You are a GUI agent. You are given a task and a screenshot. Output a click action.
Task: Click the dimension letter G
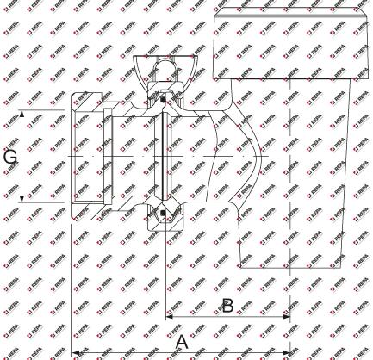pos(10,157)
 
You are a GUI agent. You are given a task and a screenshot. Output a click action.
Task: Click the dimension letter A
pos(182,342)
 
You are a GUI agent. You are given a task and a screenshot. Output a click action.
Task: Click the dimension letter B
pos(227,306)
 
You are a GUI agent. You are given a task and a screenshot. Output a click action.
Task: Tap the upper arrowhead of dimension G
pos(22,114)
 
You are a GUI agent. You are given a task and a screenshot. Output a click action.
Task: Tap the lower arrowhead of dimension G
pos(22,198)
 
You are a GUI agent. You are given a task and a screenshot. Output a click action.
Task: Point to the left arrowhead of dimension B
pos(170,317)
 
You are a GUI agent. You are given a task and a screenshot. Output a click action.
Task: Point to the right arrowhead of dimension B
pos(287,317)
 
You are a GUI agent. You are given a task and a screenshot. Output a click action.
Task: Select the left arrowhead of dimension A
pos(75,352)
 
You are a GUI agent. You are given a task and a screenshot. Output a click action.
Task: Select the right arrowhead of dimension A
pos(287,352)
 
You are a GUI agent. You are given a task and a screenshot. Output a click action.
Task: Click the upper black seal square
pos(163,100)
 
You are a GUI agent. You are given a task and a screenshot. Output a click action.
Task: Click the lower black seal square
pos(163,213)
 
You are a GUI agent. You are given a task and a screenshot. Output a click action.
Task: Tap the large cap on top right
pos(290,43)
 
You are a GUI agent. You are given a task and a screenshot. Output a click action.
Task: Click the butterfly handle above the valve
pos(165,69)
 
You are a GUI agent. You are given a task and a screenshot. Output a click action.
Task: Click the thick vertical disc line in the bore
pos(163,157)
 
